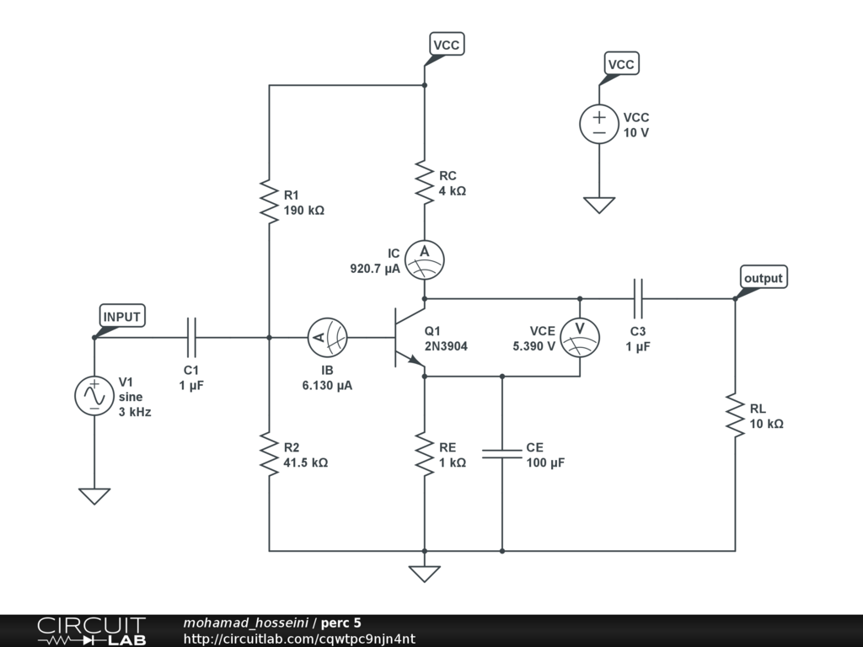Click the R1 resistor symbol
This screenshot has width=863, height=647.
[x=269, y=201]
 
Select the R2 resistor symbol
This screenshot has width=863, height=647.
[x=269, y=454]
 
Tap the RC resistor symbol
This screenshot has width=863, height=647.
[x=425, y=182]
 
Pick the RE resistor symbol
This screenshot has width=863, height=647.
[x=425, y=454]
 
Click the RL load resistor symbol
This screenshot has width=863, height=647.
[x=735, y=415]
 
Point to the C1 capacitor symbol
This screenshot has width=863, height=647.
[x=191, y=337]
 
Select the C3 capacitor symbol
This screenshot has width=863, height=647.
[x=638, y=299]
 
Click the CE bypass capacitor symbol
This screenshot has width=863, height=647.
[x=502, y=454]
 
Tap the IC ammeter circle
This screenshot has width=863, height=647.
[x=425, y=259]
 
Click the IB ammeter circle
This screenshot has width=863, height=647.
[x=328, y=337]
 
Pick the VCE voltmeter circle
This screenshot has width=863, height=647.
[x=580, y=337]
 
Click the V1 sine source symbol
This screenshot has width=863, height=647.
[x=94, y=396]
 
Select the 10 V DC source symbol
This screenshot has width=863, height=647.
[x=599, y=125]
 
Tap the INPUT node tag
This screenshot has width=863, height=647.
[x=121, y=317]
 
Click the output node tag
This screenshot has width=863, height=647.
[x=764, y=278]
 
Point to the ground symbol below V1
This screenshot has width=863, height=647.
[x=94, y=496]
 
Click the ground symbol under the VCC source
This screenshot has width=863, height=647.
[x=599, y=206]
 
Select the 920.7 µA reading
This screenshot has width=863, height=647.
[x=375, y=269]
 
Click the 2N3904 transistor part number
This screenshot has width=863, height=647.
[x=446, y=346]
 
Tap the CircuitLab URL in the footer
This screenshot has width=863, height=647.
[x=299, y=639]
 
